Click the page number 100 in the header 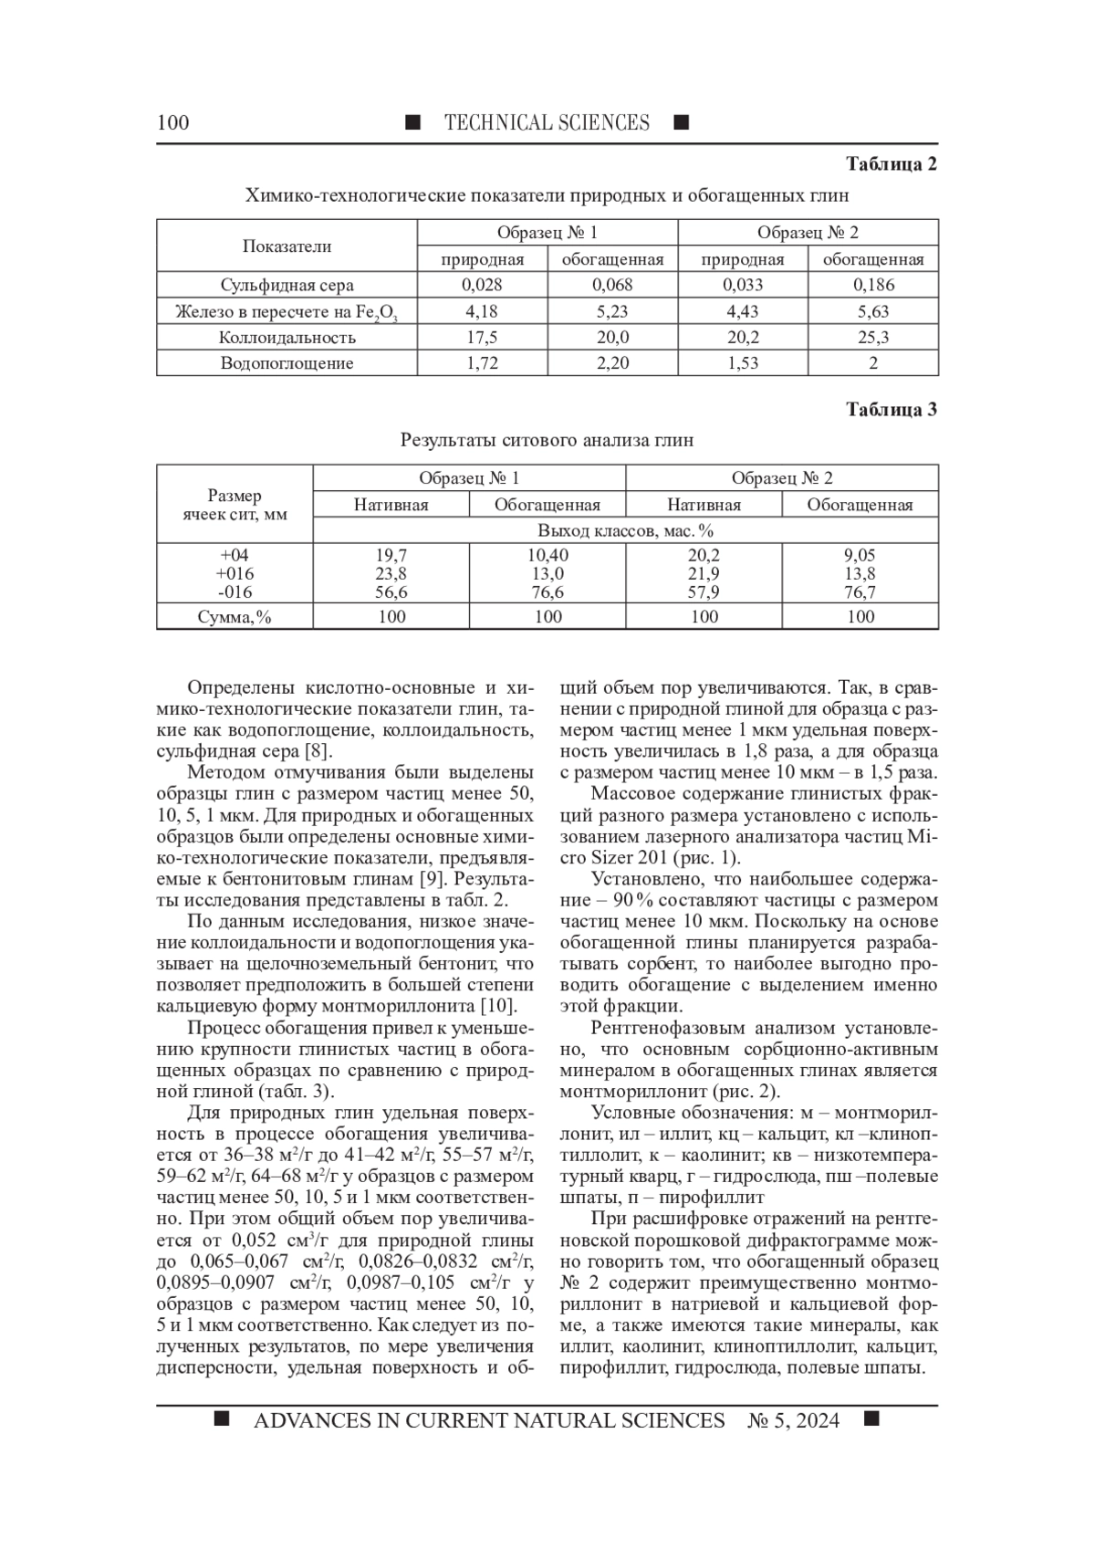click(x=173, y=122)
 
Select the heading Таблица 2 click(x=892, y=164)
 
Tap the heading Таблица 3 click(x=892, y=410)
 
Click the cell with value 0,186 click(x=873, y=285)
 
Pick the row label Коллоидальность click(x=287, y=338)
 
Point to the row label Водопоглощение click(x=287, y=363)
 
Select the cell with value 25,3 click(x=873, y=338)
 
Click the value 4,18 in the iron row click(x=482, y=311)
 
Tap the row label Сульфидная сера click(x=287, y=285)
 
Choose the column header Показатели click(x=287, y=246)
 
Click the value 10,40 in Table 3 click(x=547, y=555)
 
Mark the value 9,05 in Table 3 click(x=860, y=555)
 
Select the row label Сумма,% click(x=235, y=617)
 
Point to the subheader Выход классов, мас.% click(x=625, y=530)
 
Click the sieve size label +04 click(x=235, y=555)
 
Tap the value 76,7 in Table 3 click(x=860, y=592)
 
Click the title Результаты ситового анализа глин click(x=547, y=440)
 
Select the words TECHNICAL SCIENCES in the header click(x=547, y=122)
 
